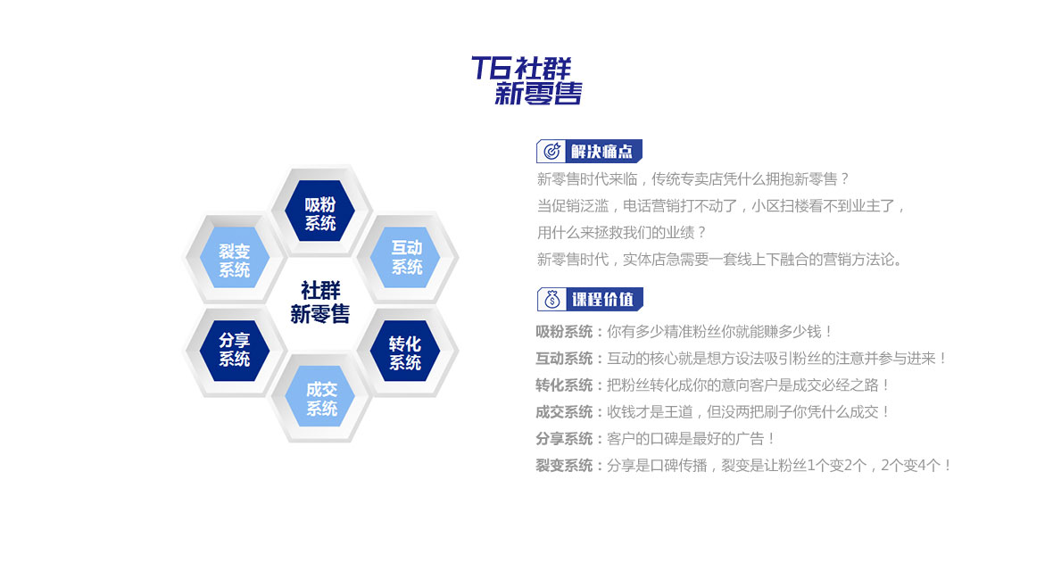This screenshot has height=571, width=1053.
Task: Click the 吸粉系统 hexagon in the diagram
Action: (x=319, y=211)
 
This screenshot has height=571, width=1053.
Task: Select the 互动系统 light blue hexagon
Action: (x=406, y=257)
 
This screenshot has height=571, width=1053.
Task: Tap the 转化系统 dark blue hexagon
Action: (x=405, y=351)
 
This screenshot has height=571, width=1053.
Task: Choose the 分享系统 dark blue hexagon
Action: (x=235, y=351)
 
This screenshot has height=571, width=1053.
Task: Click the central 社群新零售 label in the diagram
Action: (x=319, y=302)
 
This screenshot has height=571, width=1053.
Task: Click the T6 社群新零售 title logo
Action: (x=526, y=80)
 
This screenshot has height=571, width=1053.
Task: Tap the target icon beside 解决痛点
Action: (x=552, y=151)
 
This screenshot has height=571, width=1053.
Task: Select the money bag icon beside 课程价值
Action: (x=552, y=299)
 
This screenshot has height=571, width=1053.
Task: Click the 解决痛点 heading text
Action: (x=601, y=152)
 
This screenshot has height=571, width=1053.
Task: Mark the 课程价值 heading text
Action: (x=602, y=300)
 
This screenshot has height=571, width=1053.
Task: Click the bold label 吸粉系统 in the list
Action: (x=564, y=332)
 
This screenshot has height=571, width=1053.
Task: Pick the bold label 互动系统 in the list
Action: (x=564, y=359)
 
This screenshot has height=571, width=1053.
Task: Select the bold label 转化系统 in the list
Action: (x=564, y=385)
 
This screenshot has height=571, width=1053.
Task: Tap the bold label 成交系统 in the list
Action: (x=564, y=412)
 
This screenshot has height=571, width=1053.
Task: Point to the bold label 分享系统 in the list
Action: (x=564, y=439)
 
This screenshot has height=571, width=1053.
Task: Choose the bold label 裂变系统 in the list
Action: (x=564, y=466)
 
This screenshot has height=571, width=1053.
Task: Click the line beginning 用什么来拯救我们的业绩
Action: (x=622, y=233)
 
